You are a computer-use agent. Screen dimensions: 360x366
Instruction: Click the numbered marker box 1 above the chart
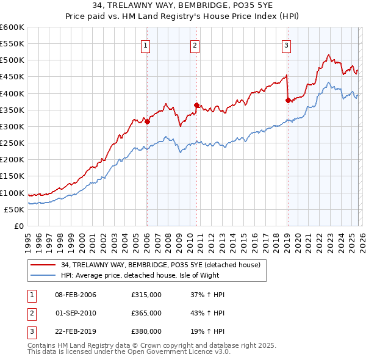[146, 45]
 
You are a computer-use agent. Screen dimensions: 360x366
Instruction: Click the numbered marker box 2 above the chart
[195, 45]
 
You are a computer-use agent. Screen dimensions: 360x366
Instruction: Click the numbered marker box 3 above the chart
[286, 45]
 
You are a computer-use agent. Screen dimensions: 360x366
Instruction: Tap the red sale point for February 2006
[147, 121]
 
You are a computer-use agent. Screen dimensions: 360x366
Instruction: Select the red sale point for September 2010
[196, 105]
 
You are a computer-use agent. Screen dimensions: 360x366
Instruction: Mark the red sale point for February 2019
[287, 100]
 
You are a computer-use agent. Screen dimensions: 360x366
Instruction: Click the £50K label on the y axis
[14, 209]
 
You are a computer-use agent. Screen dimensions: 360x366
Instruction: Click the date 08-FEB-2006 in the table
[76, 295]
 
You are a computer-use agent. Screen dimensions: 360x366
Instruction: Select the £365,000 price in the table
[146, 313]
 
